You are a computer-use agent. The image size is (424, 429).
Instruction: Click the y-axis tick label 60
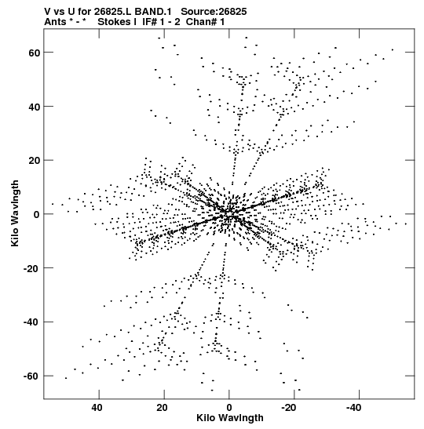tap(35, 53)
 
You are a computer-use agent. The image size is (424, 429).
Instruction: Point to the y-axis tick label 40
tap(35, 107)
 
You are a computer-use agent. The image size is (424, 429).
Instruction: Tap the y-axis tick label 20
tap(35, 161)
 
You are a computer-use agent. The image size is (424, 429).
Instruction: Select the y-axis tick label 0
tap(37, 215)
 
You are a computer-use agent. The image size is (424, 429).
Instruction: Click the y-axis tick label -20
tap(32, 268)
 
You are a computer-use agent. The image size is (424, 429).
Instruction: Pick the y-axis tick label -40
tap(32, 322)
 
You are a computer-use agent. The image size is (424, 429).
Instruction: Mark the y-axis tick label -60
tap(32, 376)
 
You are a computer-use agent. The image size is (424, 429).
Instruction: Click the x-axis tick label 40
tap(97, 408)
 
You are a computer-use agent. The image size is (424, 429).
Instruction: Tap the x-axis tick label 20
tap(163, 408)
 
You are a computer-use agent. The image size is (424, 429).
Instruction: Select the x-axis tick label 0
tap(229, 408)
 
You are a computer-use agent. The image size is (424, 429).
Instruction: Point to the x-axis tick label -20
tap(289, 408)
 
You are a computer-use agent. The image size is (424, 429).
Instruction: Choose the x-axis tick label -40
tap(353, 408)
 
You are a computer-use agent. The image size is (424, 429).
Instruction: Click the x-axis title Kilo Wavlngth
tap(230, 418)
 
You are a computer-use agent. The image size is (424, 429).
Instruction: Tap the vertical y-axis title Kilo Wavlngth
tap(15, 213)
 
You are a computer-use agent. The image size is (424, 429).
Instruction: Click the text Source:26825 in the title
tap(214, 12)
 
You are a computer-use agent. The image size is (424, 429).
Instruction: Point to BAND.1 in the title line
tap(153, 12)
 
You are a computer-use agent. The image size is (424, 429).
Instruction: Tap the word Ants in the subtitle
tap(55, 22)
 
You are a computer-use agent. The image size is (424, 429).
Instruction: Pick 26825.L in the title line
tap(113, 12)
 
